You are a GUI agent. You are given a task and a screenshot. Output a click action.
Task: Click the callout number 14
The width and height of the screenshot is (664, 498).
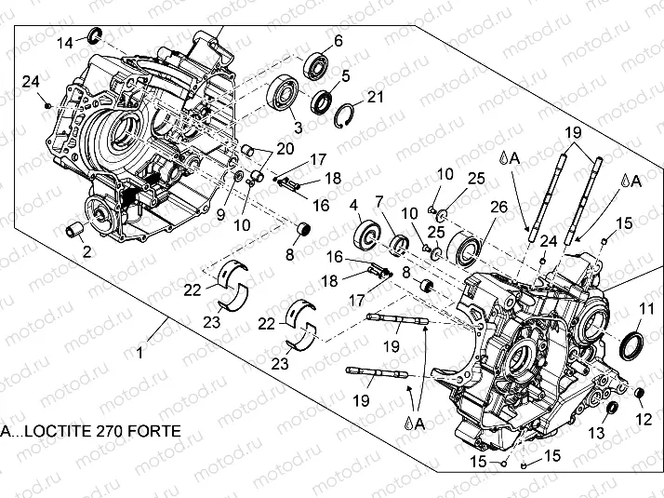(65, 43)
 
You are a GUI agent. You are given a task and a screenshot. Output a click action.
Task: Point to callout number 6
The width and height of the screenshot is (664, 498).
(338, 40)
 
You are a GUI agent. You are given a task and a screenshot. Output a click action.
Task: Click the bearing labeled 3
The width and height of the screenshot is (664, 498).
(282, 96)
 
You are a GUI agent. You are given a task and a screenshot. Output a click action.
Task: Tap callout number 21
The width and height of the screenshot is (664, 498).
(375, 96)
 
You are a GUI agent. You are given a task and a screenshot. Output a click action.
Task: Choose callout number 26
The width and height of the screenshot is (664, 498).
(498, 207)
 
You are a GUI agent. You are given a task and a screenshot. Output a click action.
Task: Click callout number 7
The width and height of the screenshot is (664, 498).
(378, 202)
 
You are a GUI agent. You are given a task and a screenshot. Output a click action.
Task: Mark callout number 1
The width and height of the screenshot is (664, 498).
(140, 353)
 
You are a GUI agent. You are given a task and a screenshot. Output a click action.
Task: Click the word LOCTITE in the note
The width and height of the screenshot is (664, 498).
(55, 432)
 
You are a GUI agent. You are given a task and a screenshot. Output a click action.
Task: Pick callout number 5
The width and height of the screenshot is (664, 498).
(345, 75)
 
